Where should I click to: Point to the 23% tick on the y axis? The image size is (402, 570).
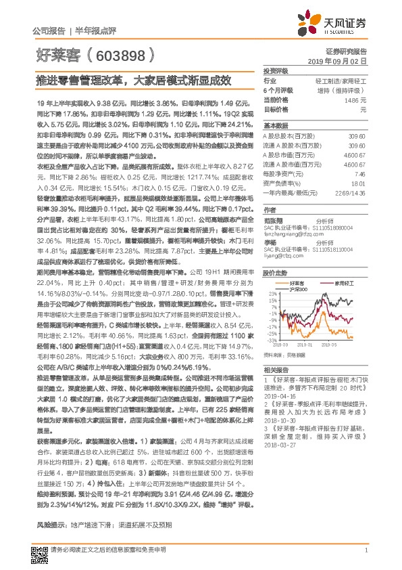pyautogui.click(x=270, y=293)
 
